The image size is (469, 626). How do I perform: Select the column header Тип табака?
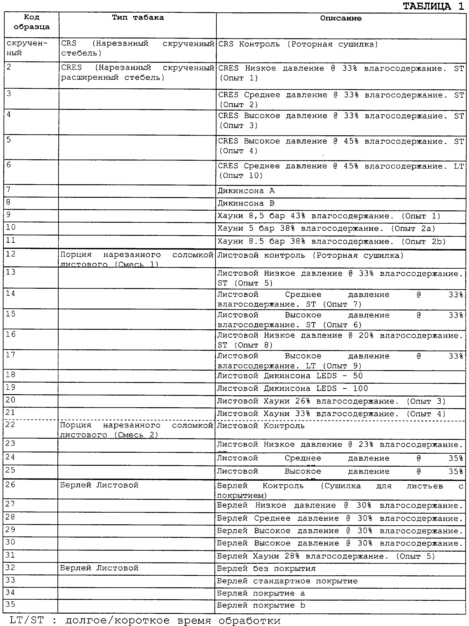coord(138,17)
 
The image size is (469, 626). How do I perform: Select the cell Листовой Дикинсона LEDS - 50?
coord(290,376)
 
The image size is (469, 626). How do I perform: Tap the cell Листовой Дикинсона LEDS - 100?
coord(292,389)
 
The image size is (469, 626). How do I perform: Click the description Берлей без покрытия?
coord(266,568)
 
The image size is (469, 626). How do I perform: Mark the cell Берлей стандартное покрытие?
coord(287,581)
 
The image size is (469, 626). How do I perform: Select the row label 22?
coord(11,424)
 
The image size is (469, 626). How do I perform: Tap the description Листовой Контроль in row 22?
coord(261,426)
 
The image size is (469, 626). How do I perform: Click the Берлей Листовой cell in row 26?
coord(99,485)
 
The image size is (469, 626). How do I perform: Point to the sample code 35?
coord(11,605)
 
